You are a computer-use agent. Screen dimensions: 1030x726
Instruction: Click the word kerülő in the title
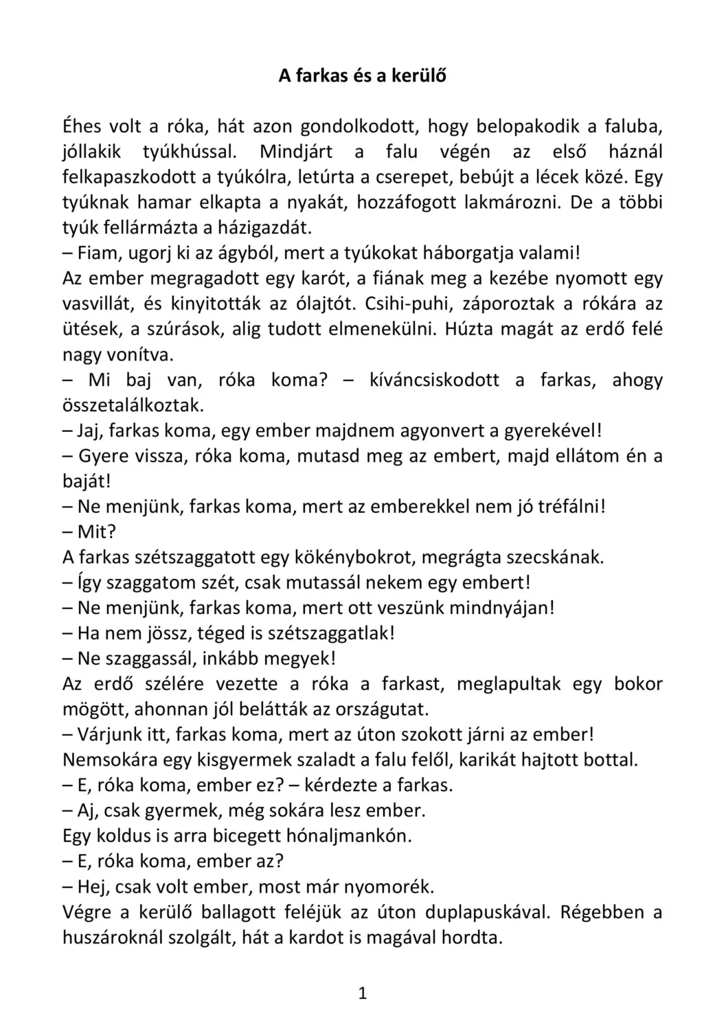point(418,76)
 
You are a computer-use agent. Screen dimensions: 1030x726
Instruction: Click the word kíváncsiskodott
point(434,380)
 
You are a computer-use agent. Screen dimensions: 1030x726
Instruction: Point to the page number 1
point(363,994)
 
